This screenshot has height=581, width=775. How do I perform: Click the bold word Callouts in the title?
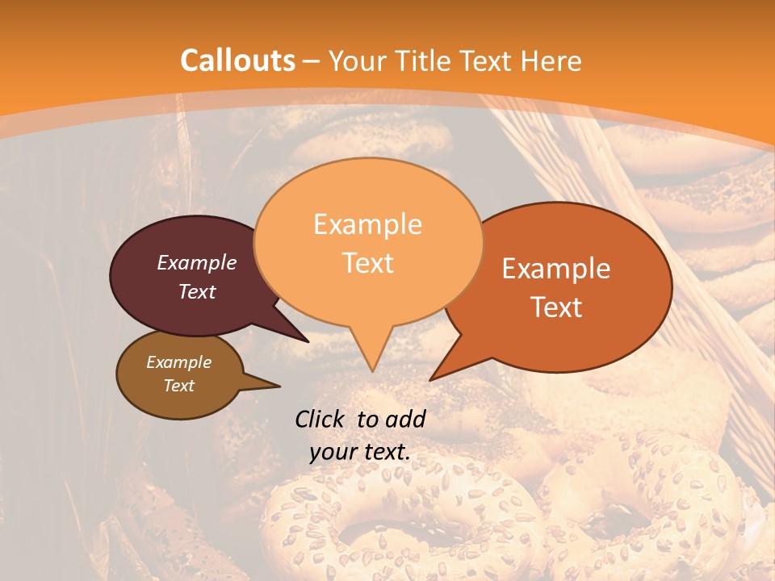tap(237, 61)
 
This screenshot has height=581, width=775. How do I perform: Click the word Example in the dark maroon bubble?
tap(196, 262)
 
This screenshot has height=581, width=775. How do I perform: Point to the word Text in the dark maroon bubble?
tap(196, 291)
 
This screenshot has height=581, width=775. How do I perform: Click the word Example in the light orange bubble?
tap(367, 224)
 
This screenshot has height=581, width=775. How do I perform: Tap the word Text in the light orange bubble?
tap(367, 262)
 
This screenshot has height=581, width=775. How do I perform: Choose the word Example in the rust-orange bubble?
tap(556, 269)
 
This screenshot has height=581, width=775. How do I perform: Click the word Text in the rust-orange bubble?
tap(556, 307)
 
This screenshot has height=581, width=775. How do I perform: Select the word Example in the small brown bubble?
tap(178, 362)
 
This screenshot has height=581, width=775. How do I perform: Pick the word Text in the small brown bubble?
tap(178, 385)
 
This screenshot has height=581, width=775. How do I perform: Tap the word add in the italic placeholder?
tap(405, 419)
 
